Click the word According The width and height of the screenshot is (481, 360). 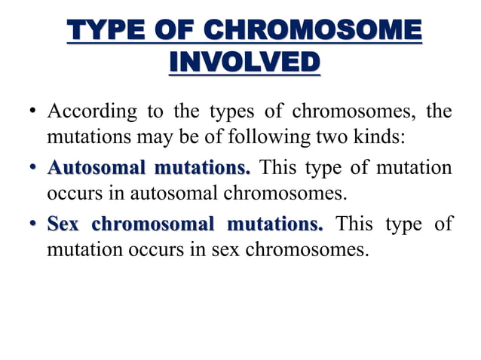tap(92, 112)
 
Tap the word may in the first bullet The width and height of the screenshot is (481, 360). tap(158, 138)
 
